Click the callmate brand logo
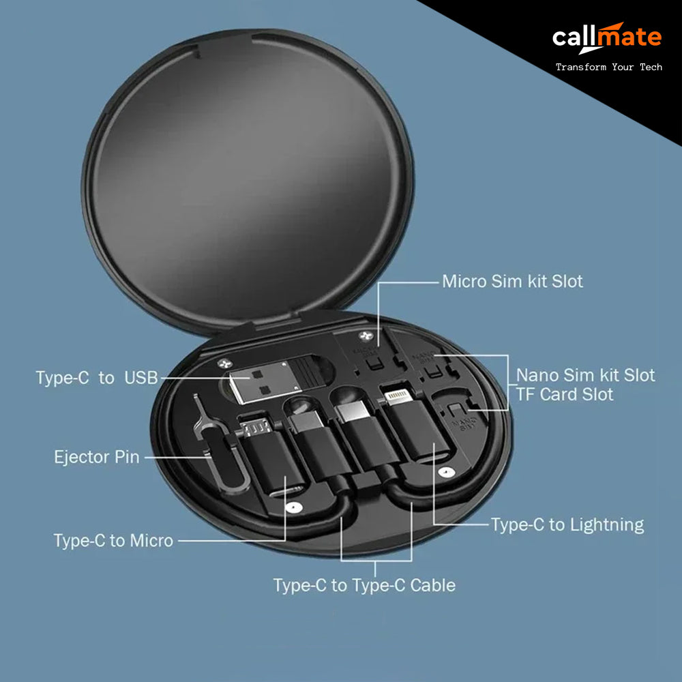(x=607, y=38)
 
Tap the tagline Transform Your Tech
(x=609, y=67)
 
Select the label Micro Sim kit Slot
(x=512, y=282)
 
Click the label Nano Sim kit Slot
(x=585, y=375)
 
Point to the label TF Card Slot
(x=565, y=394)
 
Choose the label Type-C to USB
(x=97, y=378)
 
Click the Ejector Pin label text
(x=97, y=457)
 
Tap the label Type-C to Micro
(x=113, y=541)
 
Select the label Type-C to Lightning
(x=567, y=524)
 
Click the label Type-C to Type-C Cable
(x=364, y=585)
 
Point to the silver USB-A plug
(x=265, y=381)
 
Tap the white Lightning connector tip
(x=398, y=396)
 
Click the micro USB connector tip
(x=256, y=428)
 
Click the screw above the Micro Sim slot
(x=364, y=336)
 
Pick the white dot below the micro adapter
(x=293, y=507)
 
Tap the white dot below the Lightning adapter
(x=444, y=472)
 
